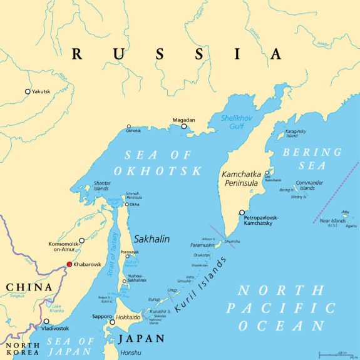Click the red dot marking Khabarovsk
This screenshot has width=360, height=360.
click(x=69, y=264)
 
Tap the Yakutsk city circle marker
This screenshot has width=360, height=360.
click(x=28, y=91)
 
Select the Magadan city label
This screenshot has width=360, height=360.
click(x=184, y=120)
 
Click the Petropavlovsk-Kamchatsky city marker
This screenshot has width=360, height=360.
click(x=242, y=212)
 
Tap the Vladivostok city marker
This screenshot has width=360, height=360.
click(x=46, y=321)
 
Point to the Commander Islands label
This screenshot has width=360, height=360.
click(x=306, y=186)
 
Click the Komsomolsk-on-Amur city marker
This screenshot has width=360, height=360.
click(x=81, y=240)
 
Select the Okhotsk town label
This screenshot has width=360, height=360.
click(x=133, y=131)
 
